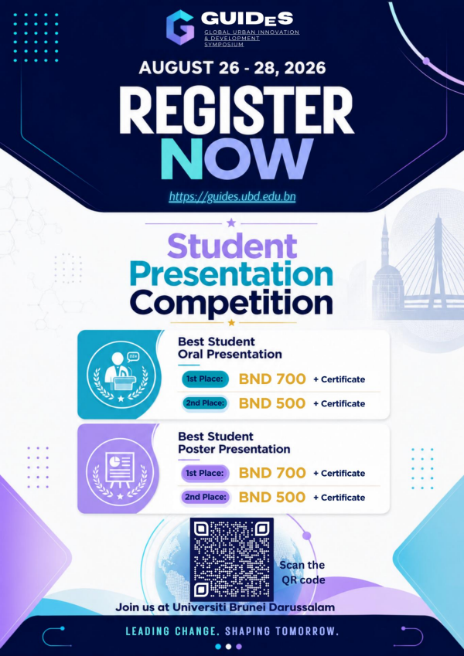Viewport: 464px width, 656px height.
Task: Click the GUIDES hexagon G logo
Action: coord(180,27)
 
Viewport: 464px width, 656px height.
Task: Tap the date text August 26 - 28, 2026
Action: coord(232,68)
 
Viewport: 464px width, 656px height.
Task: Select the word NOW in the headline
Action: coord(237,159)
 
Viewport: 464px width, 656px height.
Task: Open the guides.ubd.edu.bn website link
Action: coord(233,196)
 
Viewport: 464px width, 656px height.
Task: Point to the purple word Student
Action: coord(232,246)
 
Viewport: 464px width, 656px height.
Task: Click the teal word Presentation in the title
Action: coord(231,275)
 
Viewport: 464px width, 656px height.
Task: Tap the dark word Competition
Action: coord(231,302)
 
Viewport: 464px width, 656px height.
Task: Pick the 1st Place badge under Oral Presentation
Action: coord(205,379)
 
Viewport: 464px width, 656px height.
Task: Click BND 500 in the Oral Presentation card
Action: coord(272,403)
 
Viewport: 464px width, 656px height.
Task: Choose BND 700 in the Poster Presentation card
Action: coord(272,473)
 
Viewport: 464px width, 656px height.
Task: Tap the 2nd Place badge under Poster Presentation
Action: coord(205,497)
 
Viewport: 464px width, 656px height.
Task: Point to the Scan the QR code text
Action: coord(302,573)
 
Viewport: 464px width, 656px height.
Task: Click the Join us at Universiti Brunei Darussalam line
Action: coord(225,607)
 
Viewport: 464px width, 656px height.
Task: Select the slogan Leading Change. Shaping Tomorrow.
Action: coord(232,631)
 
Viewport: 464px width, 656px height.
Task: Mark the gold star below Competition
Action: coord(231,322)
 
